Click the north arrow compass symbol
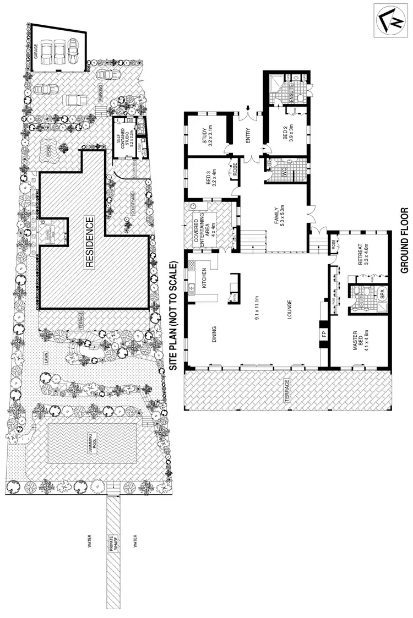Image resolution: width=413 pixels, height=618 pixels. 392,20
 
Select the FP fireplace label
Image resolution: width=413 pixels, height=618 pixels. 323,335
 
